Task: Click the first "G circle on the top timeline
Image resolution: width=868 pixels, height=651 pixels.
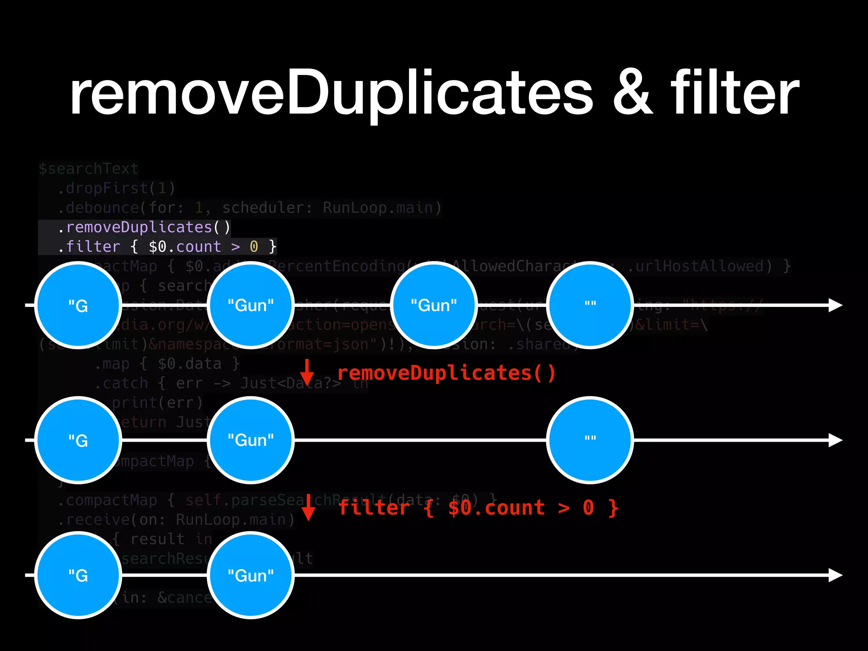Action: tap(78, 305)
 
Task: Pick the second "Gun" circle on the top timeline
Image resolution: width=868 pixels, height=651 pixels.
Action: tap(434, 305)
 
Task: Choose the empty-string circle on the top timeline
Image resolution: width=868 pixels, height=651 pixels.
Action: tap(590, 305)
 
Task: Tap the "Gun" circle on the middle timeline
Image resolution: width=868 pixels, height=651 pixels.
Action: tap(251, 440)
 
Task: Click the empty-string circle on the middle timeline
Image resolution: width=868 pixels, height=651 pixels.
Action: tap(590, 440)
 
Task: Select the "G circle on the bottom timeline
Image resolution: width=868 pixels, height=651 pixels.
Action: tap(78, 575)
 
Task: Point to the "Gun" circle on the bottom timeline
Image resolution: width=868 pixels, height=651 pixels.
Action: tap(251, 575)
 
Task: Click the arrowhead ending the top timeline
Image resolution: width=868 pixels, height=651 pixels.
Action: tap(835, 305)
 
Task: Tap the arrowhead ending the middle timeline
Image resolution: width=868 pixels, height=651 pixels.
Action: tap(835, 440)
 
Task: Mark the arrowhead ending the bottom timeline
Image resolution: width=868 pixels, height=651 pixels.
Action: tap(835, 575)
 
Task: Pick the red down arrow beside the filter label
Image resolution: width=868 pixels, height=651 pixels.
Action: tap(309, 508)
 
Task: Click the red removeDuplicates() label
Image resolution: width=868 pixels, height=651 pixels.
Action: tap(446, 373)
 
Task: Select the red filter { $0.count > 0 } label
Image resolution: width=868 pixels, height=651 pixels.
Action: tap(478, 508)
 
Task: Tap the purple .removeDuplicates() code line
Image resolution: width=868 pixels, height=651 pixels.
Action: tap(144, 227)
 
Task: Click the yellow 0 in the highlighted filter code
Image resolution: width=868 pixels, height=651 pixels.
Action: tap(254, 247)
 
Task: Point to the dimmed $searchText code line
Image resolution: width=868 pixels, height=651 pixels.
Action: tap(89, 169)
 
